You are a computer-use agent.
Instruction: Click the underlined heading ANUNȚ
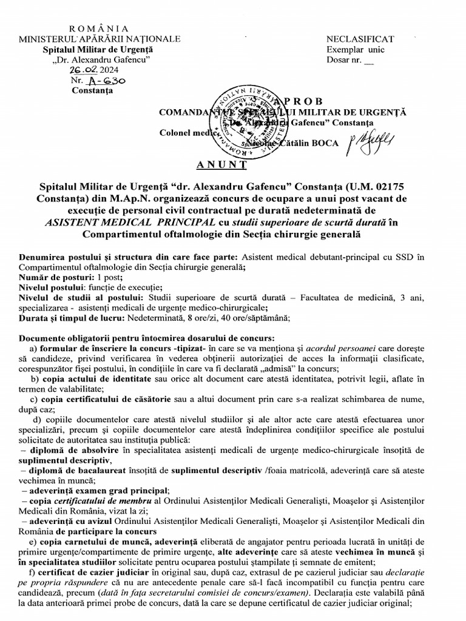click(221, 165)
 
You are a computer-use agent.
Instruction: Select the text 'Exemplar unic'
click(356, 50)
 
